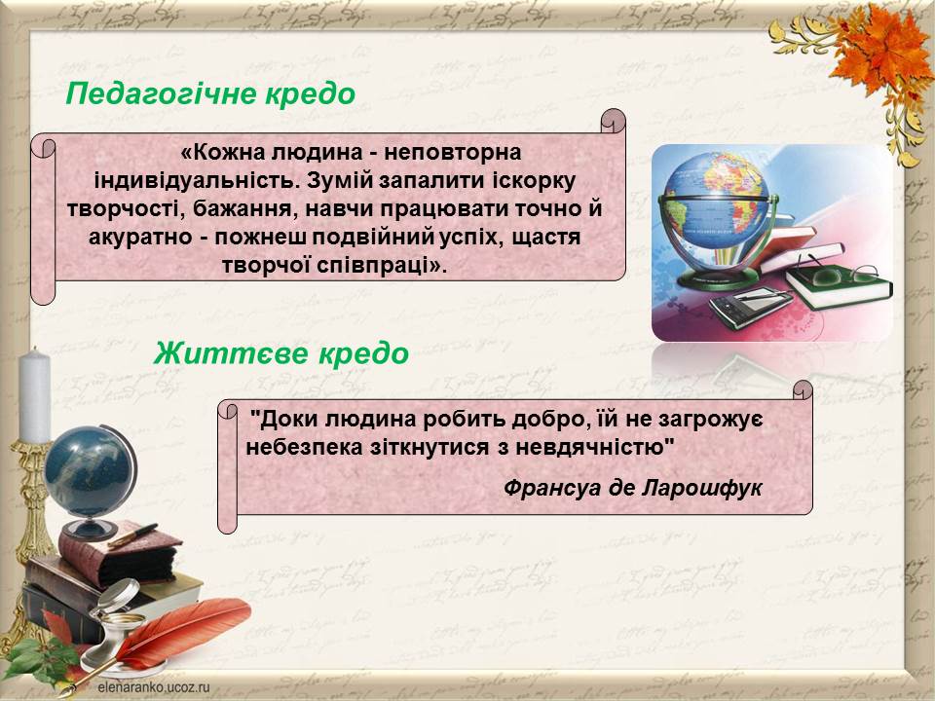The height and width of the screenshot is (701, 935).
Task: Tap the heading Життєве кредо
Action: [280, 352]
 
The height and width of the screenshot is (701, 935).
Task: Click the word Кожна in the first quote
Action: [229, 153]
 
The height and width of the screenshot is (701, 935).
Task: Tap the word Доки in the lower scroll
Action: [285, 420]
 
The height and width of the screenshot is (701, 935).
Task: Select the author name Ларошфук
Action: [702, 489]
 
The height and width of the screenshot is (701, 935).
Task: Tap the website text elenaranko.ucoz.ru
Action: [154, 686]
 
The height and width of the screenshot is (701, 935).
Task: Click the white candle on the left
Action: [35, 396]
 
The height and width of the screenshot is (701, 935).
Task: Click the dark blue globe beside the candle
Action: [90, 472]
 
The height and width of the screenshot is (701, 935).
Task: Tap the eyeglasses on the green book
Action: [839, 272]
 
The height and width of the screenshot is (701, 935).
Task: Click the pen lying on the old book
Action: [132, 535]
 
